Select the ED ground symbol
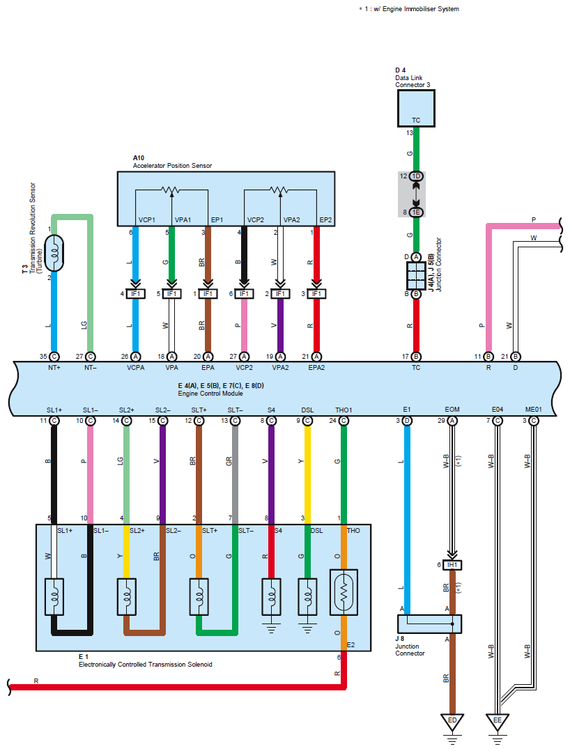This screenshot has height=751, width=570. coord(452,722)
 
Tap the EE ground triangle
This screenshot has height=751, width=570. coord(497,722)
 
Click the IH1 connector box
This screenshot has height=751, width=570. coord(452,564)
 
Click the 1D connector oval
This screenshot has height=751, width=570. coord(416,176)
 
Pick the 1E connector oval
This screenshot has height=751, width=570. coord(416,212)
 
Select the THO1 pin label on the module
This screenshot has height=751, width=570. coord(344,410)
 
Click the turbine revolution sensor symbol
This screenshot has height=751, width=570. coord(54,251)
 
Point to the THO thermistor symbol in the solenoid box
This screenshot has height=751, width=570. coord(344,591)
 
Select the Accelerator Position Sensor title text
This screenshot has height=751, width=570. coord(172,166)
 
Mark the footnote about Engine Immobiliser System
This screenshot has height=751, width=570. coord(409,9)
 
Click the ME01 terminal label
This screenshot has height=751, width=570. coord(533,410)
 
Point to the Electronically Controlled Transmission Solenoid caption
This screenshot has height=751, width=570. coord(145,665)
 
